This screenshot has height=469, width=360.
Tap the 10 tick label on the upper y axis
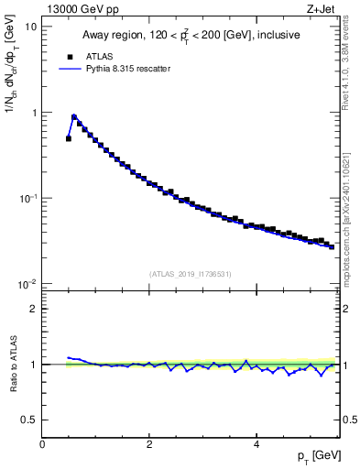32,27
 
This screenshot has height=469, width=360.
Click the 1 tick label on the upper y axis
35,113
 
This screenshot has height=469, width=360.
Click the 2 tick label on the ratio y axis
35,309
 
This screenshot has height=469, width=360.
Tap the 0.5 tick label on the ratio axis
30,420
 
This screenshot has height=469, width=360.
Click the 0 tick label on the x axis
42,444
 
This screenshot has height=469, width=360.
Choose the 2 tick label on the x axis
148,444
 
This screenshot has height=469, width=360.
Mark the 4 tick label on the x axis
256,444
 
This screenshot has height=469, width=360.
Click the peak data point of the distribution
74,117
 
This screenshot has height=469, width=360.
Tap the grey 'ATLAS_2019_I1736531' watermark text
191,274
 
